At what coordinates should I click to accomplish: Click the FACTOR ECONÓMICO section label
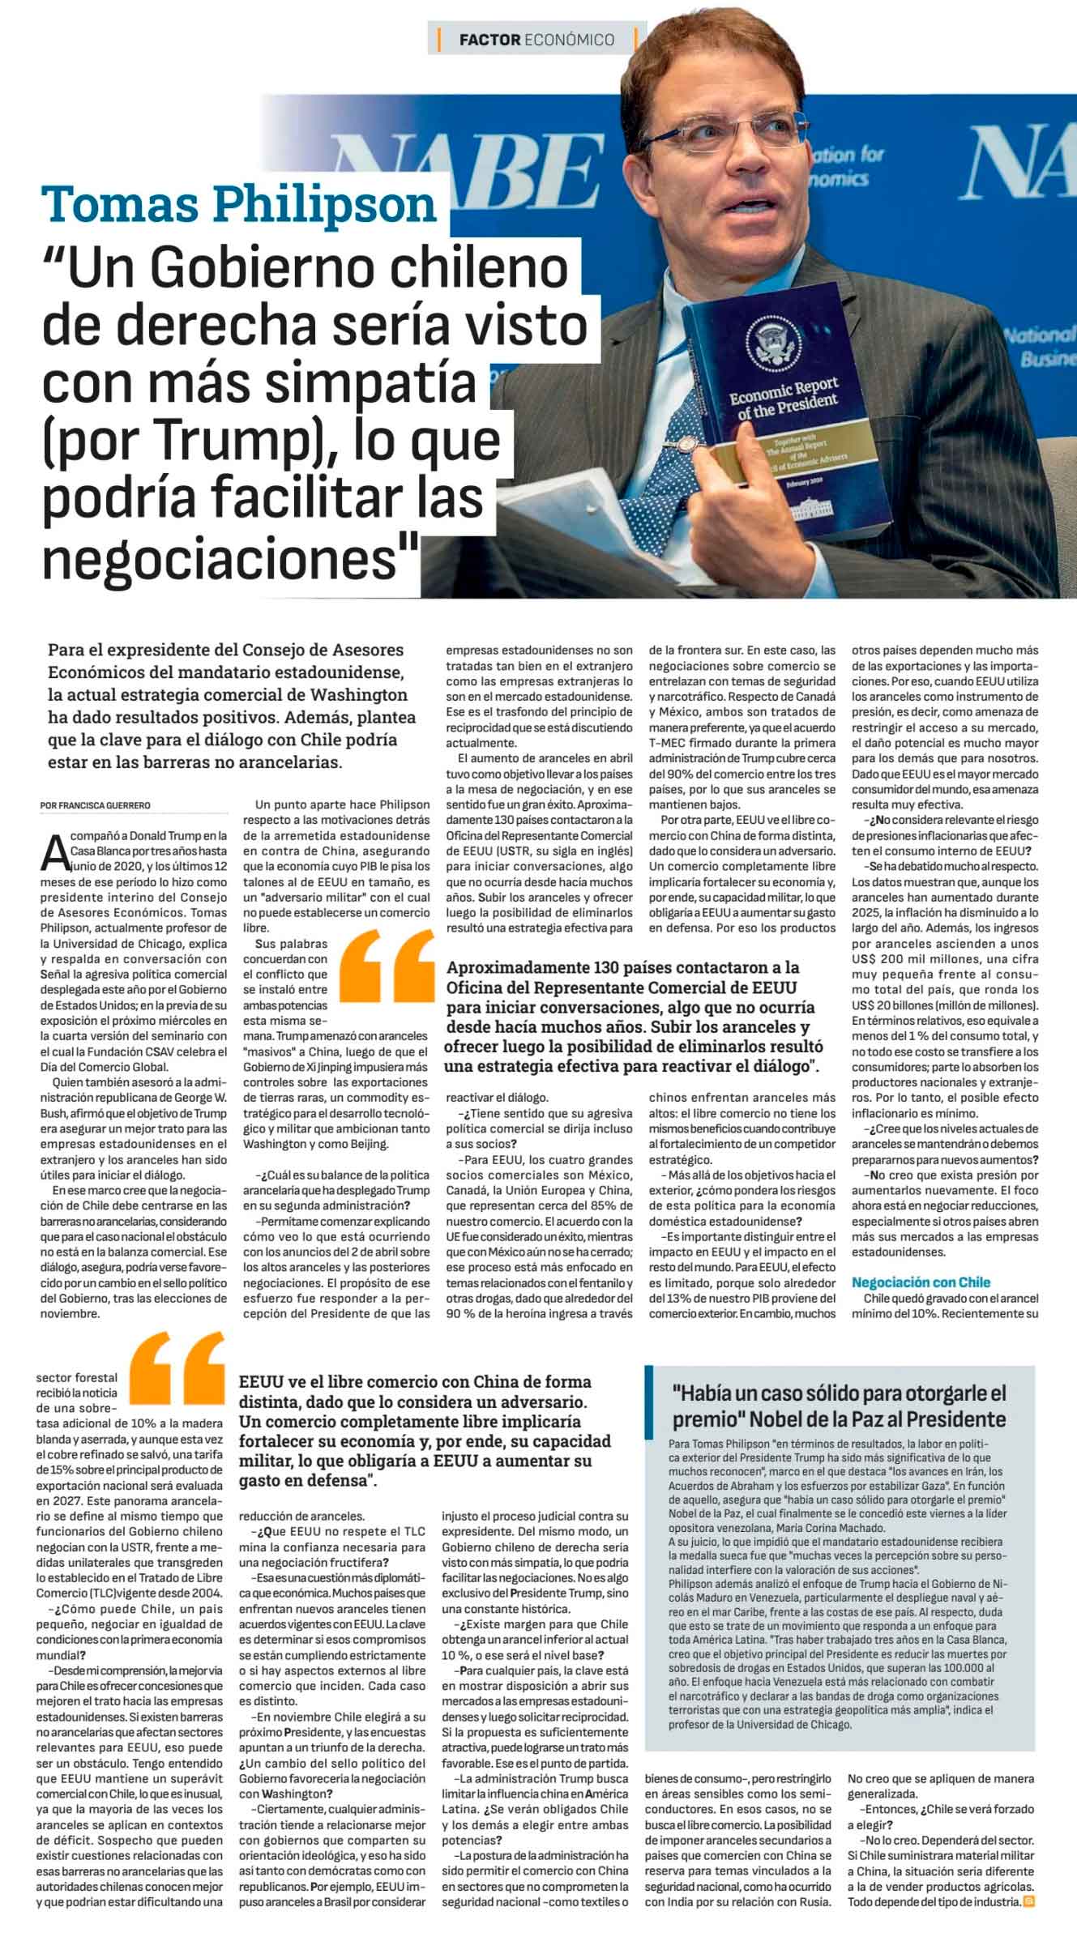point(536,39)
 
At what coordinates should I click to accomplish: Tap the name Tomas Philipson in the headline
point(240,205)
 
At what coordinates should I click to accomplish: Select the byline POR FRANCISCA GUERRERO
point(95,804)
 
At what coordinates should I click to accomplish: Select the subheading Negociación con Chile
point(921,1282)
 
